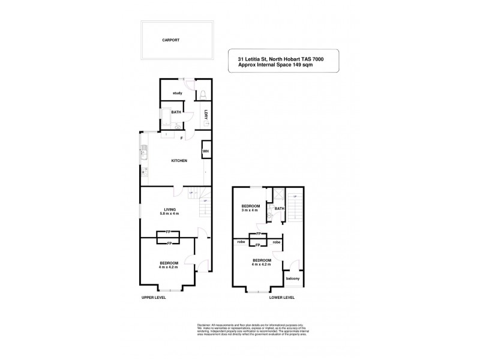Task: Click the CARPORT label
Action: click(170, 40)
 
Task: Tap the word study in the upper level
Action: click(177, 93)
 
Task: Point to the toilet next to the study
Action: click(203, 94)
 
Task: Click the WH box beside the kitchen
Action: click(205, 151)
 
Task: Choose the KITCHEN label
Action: click(179, 161)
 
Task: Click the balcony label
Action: click(293, 279)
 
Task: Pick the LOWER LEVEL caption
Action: click(281, 297)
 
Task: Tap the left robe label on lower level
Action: click(240, 242)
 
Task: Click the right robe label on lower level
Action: click(277, 242)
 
